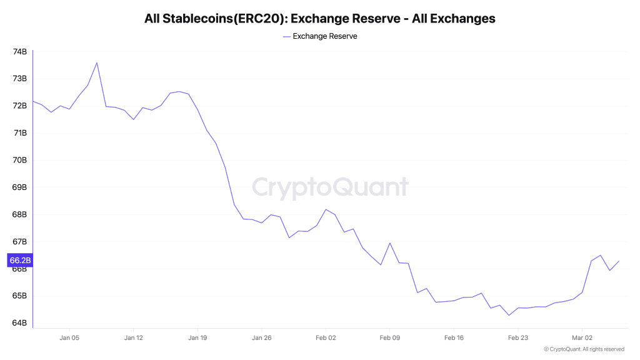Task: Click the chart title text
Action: pos(319,19)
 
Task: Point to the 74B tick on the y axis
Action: pos(19,51)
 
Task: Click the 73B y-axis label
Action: pos(19,79)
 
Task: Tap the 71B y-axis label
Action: pos(19,133)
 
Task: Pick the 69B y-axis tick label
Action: pos(19,187)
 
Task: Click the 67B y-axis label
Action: pos(19,242)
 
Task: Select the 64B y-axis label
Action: pos(19,323)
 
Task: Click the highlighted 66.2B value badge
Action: pos(19,260)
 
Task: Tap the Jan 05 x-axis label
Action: pos(69,337)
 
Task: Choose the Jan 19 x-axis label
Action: pos(197,337)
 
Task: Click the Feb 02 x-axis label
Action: pos(326,337)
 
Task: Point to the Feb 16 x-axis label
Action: pos(454,337)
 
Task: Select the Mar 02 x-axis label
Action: pos(582,337)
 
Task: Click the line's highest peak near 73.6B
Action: pos(97,62)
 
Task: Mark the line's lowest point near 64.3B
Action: pos(509,315)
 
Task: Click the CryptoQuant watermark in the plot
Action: pos(330,187)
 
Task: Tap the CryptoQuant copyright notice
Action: pos(584,349)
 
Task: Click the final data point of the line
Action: pos(619,261)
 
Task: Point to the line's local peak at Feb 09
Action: pos(390,243)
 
